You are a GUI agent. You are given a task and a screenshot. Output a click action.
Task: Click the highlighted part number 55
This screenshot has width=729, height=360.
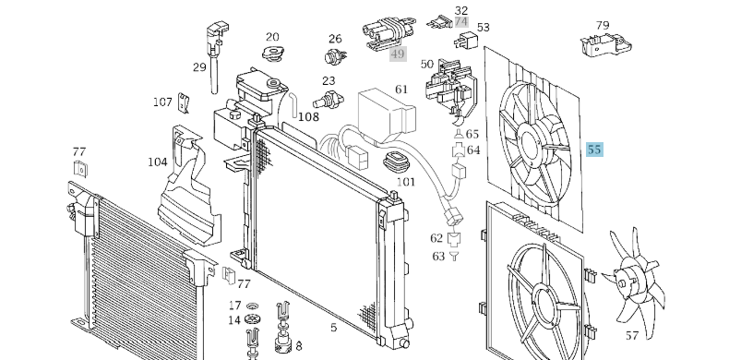point(594,150)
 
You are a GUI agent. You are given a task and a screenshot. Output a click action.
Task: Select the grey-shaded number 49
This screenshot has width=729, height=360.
point(398,54)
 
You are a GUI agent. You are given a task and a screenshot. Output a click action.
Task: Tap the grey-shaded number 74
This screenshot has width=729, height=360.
point(461,22)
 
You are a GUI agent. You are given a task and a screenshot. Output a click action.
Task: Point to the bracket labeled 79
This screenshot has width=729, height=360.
point(605,45)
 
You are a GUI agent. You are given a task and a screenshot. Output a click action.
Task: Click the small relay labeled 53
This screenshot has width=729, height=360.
point(466,41)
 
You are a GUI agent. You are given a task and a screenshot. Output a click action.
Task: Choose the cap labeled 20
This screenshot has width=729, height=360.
point(273,54)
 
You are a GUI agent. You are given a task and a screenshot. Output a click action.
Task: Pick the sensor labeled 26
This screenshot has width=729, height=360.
point(335,56)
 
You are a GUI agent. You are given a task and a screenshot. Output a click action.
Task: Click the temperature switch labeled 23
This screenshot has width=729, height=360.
point(328,99)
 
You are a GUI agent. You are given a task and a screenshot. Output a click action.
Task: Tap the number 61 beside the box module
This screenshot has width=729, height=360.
point(401,90)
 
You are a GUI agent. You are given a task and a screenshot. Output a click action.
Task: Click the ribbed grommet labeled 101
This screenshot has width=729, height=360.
point(396,163)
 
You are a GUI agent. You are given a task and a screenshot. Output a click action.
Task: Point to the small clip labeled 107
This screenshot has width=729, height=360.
point(185,102)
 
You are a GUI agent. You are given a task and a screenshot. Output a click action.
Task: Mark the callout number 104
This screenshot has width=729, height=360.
point(158,162)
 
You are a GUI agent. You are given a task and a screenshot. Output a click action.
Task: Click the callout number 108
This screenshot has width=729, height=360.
point(309,116)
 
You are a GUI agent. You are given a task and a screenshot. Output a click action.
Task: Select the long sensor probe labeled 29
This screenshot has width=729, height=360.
point(216,56)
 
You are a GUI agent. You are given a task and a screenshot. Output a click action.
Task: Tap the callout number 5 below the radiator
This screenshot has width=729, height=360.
point(333,328)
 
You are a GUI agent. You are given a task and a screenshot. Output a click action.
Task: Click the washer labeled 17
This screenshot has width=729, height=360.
point(253,306)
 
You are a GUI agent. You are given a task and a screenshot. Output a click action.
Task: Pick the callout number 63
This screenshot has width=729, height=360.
point(438,257)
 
